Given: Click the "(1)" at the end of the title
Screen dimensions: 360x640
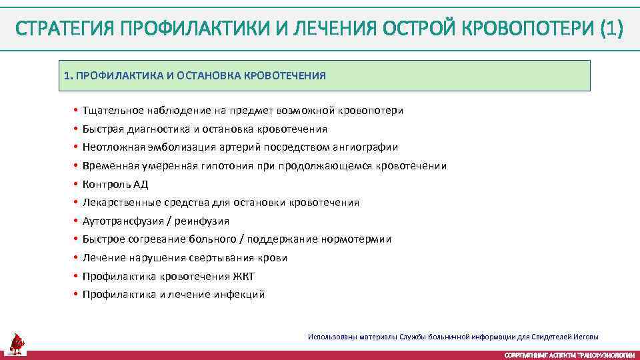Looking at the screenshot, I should click(x=611, y=29).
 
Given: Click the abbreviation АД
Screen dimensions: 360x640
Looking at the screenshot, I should click(x=141, y=185).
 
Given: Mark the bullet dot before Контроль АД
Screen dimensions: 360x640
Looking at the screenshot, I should click(x=77, y=185).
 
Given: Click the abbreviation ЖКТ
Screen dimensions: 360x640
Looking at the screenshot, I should click(x=245, y=276).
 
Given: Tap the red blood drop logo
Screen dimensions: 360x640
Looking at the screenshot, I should click(x=17, y=343).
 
